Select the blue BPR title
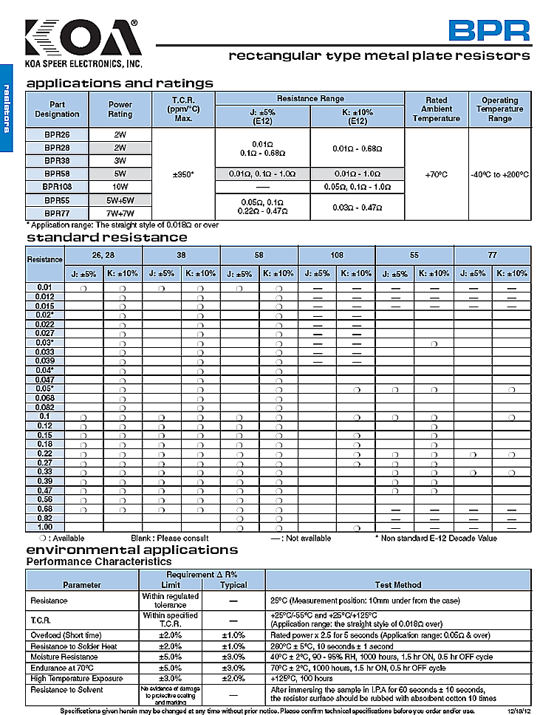490,30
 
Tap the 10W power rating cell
120,187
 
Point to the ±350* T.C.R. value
182,174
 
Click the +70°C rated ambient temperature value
437,174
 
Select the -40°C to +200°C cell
500,174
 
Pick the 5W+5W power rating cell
120,200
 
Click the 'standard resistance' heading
107,238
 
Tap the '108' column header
337,256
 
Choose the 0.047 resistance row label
45,379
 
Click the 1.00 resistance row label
45,527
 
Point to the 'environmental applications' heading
132,550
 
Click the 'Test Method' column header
398,584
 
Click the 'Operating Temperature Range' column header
500,109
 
